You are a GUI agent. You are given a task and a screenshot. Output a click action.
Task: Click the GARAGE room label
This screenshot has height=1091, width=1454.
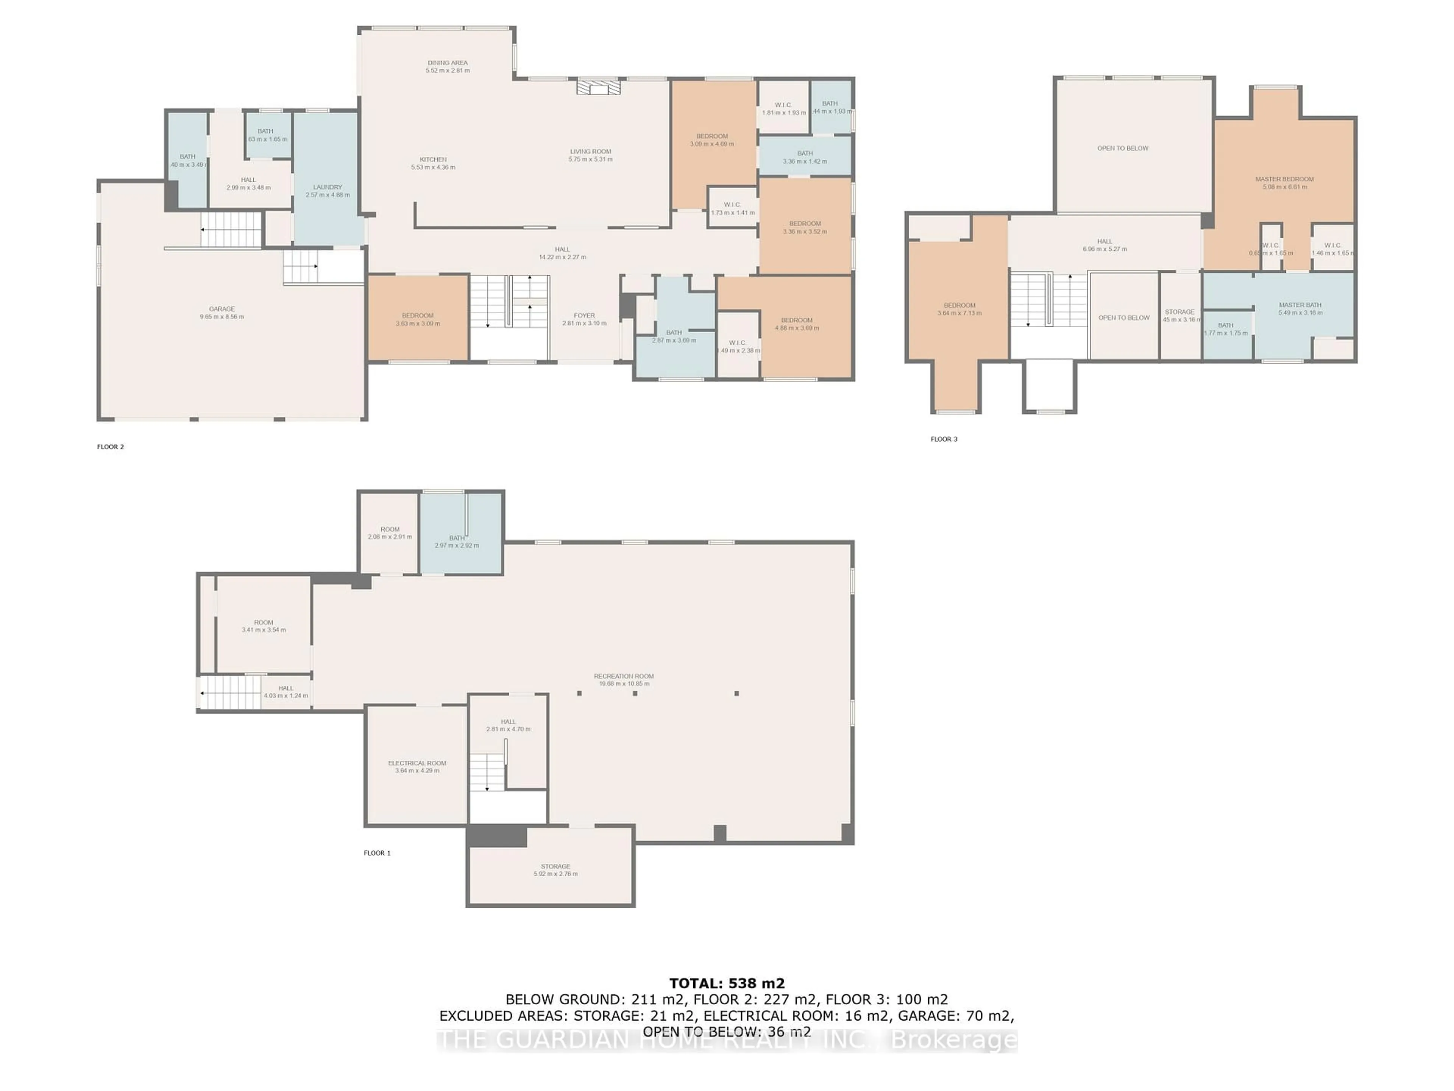click(222, 308)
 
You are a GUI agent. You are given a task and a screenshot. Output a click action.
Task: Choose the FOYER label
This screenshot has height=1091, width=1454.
click(584, 316)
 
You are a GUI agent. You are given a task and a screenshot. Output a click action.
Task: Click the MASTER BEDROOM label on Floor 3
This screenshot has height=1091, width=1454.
click(1284, 179)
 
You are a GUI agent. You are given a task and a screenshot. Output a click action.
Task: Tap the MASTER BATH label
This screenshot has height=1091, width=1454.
click(1300, 305)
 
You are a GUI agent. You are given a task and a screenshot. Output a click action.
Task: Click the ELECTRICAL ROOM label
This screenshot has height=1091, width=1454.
click(417, 763)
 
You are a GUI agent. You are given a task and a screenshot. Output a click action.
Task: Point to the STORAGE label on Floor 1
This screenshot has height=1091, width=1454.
click(555, 866)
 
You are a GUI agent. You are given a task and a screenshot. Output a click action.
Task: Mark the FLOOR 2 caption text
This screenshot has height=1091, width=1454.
click(111, 447)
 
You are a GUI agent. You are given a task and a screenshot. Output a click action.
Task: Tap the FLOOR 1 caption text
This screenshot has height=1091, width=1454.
click(377, 853)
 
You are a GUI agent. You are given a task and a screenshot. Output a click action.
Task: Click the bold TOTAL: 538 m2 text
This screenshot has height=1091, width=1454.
click(726, 983)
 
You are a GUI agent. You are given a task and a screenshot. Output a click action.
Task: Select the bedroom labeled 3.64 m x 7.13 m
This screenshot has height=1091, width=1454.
click(959, 309)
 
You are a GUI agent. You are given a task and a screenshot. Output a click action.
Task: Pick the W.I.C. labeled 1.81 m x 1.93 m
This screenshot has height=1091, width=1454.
click(783, 108)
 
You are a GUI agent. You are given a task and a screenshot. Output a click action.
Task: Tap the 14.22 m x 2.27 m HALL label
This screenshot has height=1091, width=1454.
click(562, 253)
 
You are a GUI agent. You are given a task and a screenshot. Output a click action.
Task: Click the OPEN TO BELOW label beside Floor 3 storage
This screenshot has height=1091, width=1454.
click(1123, 317)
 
